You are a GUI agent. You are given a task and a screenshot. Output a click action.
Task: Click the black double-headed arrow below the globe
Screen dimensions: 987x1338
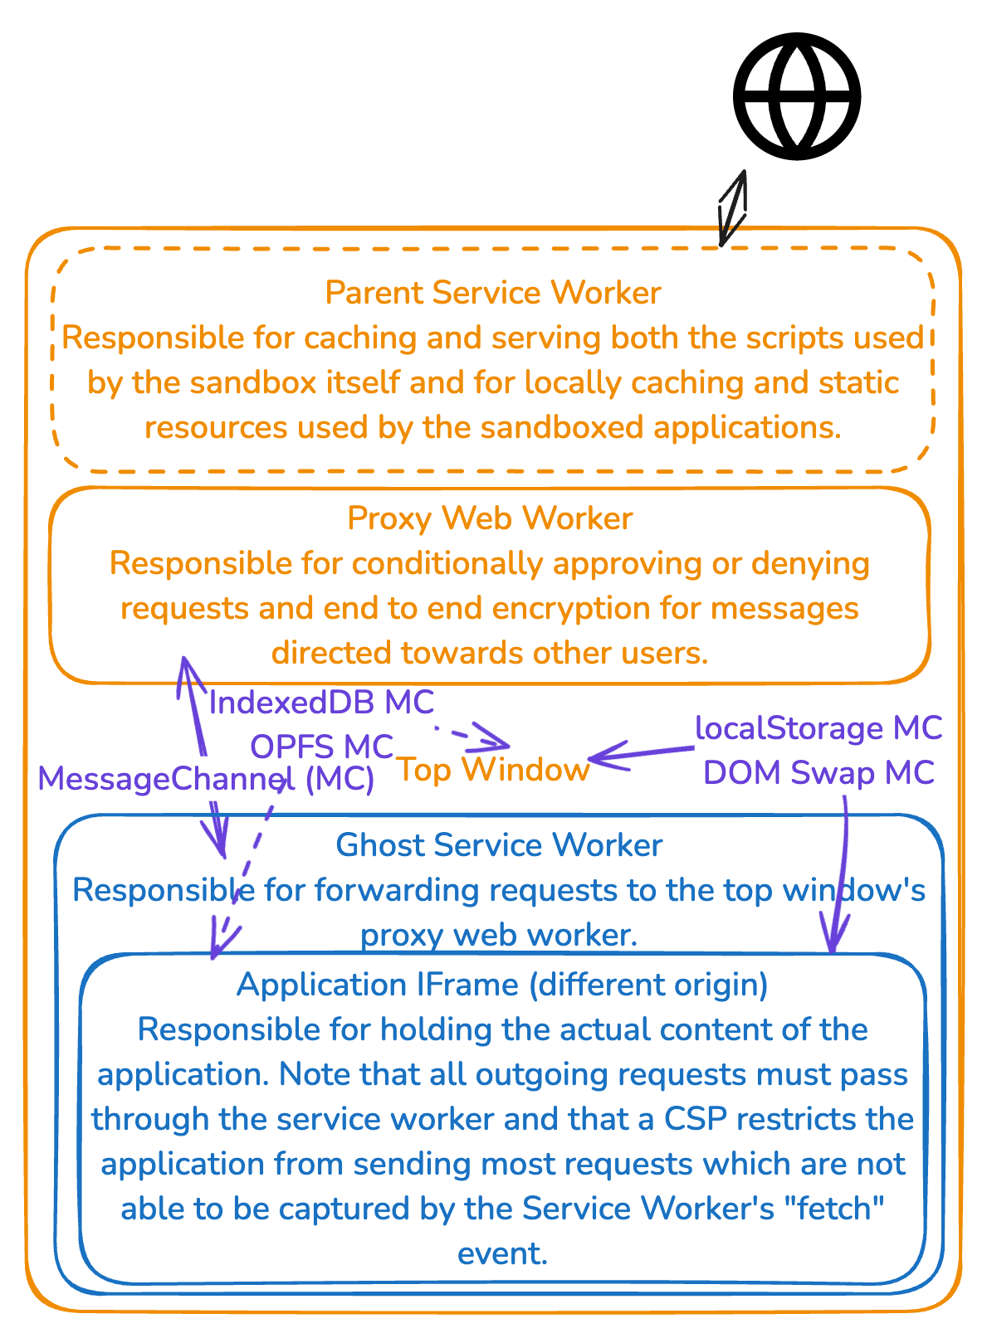pyautogui.click(x=732, y=208)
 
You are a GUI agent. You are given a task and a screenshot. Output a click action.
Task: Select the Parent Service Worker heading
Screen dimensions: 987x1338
pyautogui.click(x=493, y=293)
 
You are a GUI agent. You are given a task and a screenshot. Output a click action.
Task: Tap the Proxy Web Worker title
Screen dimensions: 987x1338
pyautogui.click(x=490, y=518)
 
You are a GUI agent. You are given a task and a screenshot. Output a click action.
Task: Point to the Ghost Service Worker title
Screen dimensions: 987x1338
pyautogui.click(x=499, y=844)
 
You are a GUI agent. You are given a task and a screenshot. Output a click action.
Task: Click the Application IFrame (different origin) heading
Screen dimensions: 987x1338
pyautogui.click(x=502, y=985)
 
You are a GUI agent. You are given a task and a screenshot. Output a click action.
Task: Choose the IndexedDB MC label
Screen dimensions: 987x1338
pyautogui.click(x=321, y=702)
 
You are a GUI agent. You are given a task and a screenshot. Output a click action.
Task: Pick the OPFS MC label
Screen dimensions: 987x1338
pyautogui.click(x=321, y=747)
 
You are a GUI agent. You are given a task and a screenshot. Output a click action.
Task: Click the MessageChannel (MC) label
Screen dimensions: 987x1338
pyautogui.click(x=206, y=779)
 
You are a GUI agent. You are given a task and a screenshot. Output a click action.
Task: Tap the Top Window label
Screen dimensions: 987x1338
pyautogui.click(x=492, y=769)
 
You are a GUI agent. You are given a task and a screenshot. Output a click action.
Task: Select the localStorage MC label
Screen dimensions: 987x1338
pyautogui.click(x=818, y=728)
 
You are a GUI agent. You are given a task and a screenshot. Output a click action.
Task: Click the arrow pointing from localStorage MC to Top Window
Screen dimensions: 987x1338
pyautogui.click(x=642, y=754)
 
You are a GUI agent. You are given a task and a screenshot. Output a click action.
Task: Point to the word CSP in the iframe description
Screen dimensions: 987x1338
pyautogui.click(x=696, y=1119)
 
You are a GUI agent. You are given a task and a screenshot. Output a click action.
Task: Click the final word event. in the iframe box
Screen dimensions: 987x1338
pyautogui.click(x=502, y=1253)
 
